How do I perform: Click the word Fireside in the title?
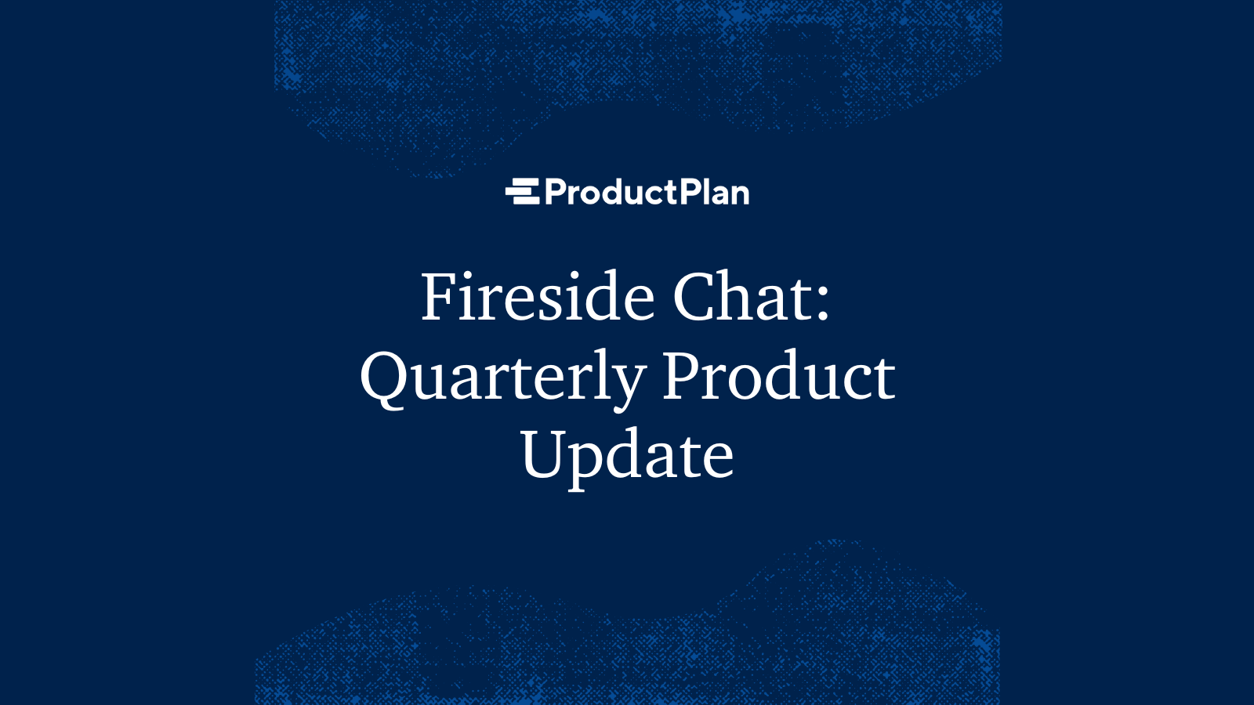click(538, 298)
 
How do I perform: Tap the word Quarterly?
click(502, 378)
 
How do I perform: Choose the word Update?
click(627, 456)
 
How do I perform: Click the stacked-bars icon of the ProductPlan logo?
click(522, 192)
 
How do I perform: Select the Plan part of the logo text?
click(714, 192)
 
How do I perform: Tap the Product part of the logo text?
click(611, 192)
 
